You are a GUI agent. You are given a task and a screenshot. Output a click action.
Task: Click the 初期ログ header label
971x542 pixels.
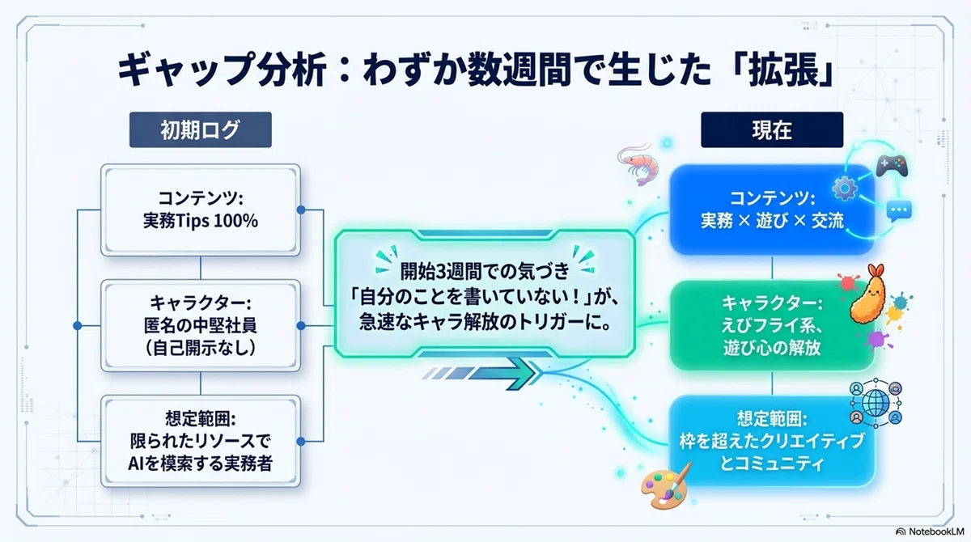click(x=201, y=129)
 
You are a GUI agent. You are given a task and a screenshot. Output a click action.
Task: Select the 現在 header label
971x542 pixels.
click(x=772, y=129)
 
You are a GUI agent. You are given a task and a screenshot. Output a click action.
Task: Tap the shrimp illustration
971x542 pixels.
click(x=638, y=164)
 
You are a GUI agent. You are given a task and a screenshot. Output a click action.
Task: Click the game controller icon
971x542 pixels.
click(x=892, y=166)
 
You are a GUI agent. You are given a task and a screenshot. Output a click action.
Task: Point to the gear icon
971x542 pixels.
click(x=845, y=189)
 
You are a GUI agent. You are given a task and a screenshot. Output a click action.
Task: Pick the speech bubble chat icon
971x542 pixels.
click(x=899, y=211)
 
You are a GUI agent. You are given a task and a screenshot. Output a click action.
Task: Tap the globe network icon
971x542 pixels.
click(x=876, y=403)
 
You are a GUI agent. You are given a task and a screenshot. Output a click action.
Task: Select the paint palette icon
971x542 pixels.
click(x=666, y=486)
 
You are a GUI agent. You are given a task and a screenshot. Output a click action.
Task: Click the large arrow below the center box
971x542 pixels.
click(x=481, y=373)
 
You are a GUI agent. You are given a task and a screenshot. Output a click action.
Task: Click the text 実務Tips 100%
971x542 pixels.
click(x=201, y=221)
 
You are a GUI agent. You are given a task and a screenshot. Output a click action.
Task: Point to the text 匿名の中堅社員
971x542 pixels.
click(x=201, y=326)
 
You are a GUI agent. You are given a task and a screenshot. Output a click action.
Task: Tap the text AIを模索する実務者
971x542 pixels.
click(x=201, y=464)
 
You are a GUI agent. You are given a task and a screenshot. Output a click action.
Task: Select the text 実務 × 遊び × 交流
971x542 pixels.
click(x=772, y=221)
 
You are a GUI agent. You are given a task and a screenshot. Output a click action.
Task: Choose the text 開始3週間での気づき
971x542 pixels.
click(x=484, y=272)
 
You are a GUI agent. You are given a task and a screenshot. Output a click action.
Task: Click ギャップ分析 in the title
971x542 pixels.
click(x=222, y=70)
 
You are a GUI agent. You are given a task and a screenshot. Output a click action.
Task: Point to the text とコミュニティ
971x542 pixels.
click(x=772, y=464)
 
